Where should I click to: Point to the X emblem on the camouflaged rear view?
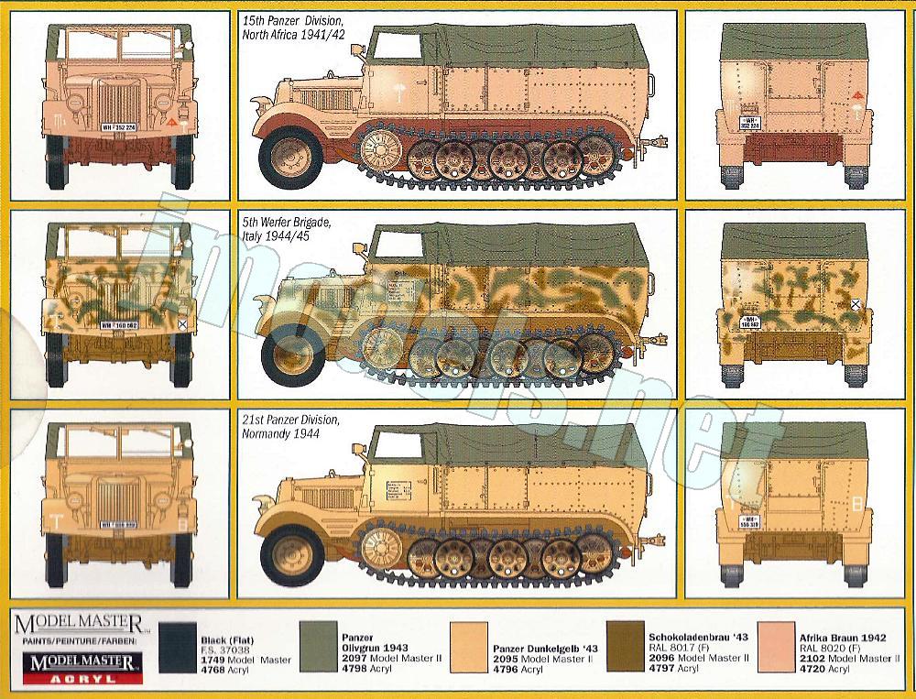pyautogui.click(x=855, y=305)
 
